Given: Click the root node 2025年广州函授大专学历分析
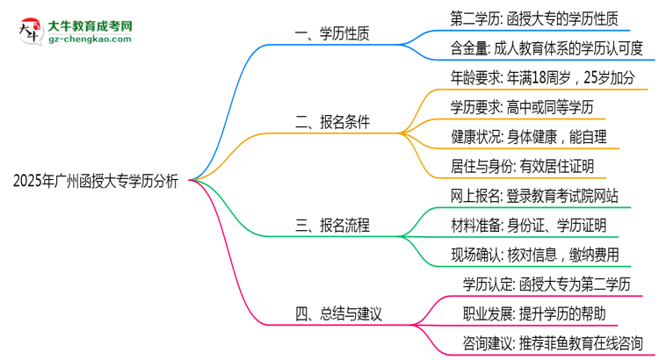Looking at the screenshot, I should (96, 181).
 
